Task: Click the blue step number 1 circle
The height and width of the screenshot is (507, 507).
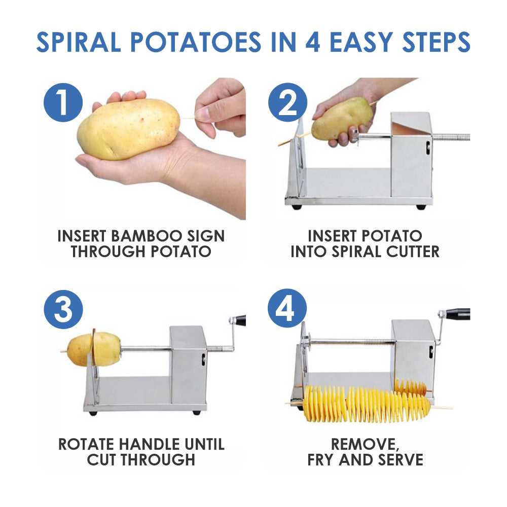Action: pyautogui.click(x=63, y=102)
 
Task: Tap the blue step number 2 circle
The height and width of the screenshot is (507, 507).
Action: pyautogui.click(x=287, y=102)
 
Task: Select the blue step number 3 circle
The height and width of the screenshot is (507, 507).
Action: pyautogui.click(x=63, y=309)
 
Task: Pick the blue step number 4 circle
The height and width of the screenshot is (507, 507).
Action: pyautogui.click(x=287, y=309)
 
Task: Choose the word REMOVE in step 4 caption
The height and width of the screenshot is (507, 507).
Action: pyautogui.click(x=364, y=444)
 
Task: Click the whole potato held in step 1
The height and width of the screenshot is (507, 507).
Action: pyautogui.click(x=128, y=129)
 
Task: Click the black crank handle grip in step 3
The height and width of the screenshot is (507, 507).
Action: pyautogui.click(x=239, y=320)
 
